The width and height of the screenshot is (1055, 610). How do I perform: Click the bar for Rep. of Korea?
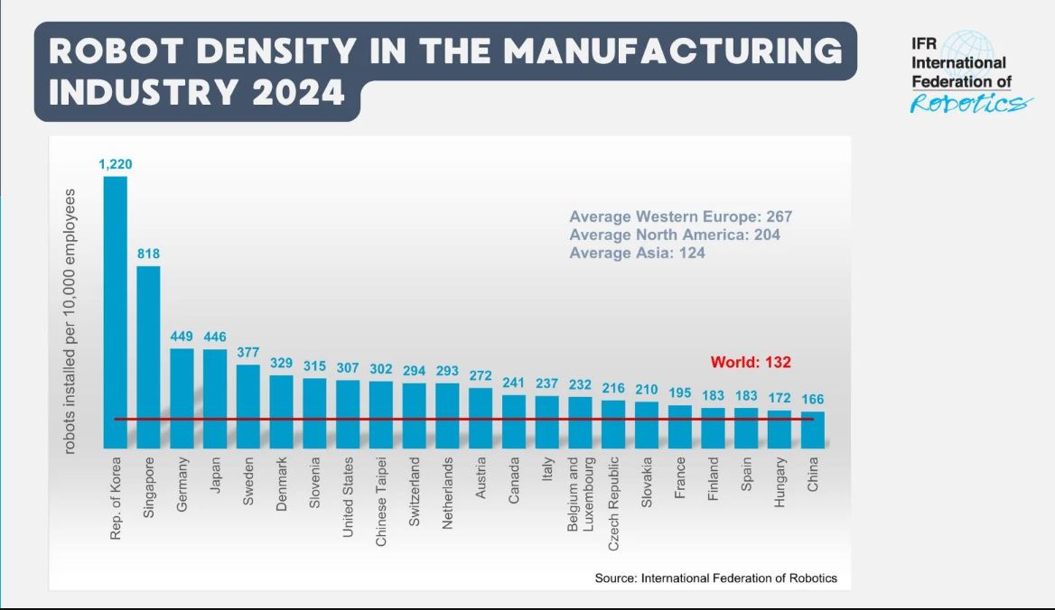tap(116, 311)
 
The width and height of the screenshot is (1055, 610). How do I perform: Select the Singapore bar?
tap(149, 356)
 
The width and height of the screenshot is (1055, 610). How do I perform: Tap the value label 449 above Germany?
tap(182, 337)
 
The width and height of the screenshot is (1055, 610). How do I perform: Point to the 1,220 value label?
tap(116, 164)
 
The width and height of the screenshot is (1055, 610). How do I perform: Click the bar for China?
tap(813, 430)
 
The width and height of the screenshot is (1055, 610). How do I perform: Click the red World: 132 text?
tap(751, 362)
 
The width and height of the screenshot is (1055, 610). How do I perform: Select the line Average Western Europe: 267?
tap(680, 217)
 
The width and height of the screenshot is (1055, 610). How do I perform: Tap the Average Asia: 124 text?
tap(637, 254)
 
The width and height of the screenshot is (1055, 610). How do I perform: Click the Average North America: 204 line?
tap(675, 235)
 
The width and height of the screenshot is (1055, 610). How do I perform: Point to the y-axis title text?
tap(70, 321)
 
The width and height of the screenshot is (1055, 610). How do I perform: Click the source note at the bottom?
tap(715, 578)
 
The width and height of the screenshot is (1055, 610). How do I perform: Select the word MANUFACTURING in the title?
tap(672, 51)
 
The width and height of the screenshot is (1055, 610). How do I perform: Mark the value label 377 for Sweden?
tap(248, 352)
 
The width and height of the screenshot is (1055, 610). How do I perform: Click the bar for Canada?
tap(514, 421)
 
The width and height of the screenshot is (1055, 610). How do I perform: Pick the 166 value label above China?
tap(813, 399)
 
